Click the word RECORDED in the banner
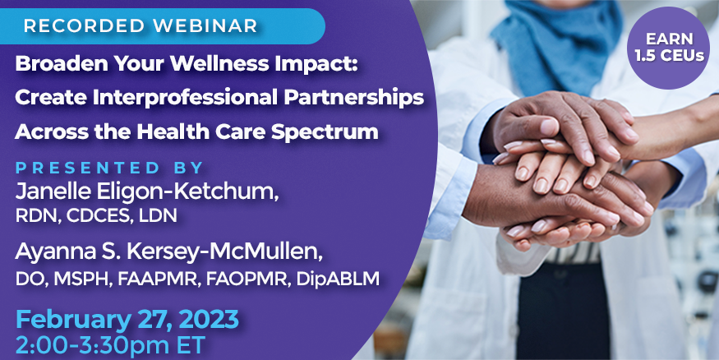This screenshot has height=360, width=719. pos(85,26)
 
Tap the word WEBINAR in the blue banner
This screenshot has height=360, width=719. pos(205,26)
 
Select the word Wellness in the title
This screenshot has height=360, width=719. pos(214,65)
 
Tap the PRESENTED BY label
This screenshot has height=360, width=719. pos(109,168)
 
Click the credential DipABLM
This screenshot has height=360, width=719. pos(338,279)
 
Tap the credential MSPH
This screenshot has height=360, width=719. pos(83,279)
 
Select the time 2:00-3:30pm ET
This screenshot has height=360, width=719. pos(110,346)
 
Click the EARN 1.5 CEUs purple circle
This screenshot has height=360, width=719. pos(668,48)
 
